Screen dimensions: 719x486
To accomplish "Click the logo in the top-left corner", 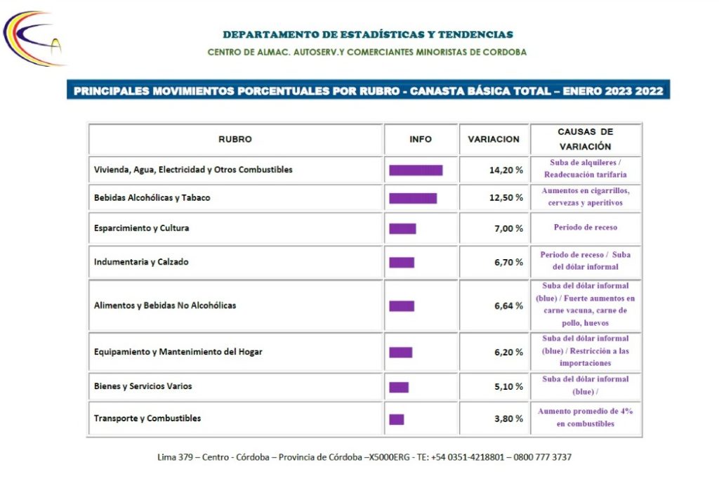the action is tap(33, 39).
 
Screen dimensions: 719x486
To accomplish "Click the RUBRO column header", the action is tap(235, 139).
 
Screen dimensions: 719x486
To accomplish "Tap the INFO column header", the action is tap(421, 139).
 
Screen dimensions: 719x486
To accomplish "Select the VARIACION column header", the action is tap(494, 139).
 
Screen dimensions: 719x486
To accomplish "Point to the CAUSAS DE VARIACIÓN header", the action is tap(585, 139).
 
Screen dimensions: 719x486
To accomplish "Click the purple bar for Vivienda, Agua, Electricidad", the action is tap(416, 171).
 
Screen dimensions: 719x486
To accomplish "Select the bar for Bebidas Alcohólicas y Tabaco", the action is tap(413, 198).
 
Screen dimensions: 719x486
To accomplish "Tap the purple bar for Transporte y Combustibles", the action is tap(397, 419).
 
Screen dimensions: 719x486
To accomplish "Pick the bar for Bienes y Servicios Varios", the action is tap(399, 388).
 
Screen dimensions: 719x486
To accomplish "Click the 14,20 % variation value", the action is tap(506, 170).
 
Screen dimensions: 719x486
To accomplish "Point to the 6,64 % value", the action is tap(508, 306).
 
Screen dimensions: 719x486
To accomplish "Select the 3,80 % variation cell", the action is tap(508, 419).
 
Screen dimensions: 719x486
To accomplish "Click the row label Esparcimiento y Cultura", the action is tap(141, 228).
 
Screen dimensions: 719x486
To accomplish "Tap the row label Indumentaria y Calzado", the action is tap(141, 262).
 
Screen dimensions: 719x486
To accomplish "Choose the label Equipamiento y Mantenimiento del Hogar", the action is tap(178, 352).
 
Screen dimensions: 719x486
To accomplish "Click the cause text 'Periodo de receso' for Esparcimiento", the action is tap(585, 228).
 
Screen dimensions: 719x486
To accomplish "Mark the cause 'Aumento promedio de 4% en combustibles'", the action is tap(585, 418).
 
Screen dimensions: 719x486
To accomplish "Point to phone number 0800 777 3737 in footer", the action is tap(543, 457).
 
